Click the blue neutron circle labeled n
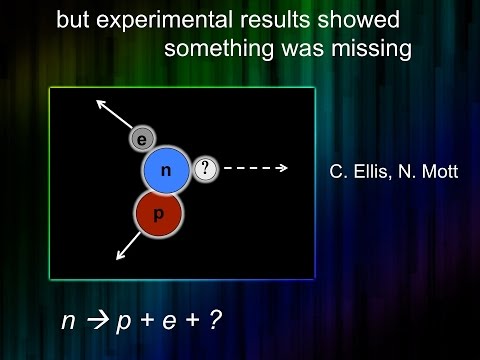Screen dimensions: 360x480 click(166, 171)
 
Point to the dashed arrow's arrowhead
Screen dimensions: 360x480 click(284, 168)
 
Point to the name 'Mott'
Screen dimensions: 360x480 click(436, 172)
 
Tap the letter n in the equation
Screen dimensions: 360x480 click(67, 323)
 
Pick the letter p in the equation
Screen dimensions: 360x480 click(126, 324)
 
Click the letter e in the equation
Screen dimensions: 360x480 click(180, 323)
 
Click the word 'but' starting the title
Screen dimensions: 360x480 click(72, 21)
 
